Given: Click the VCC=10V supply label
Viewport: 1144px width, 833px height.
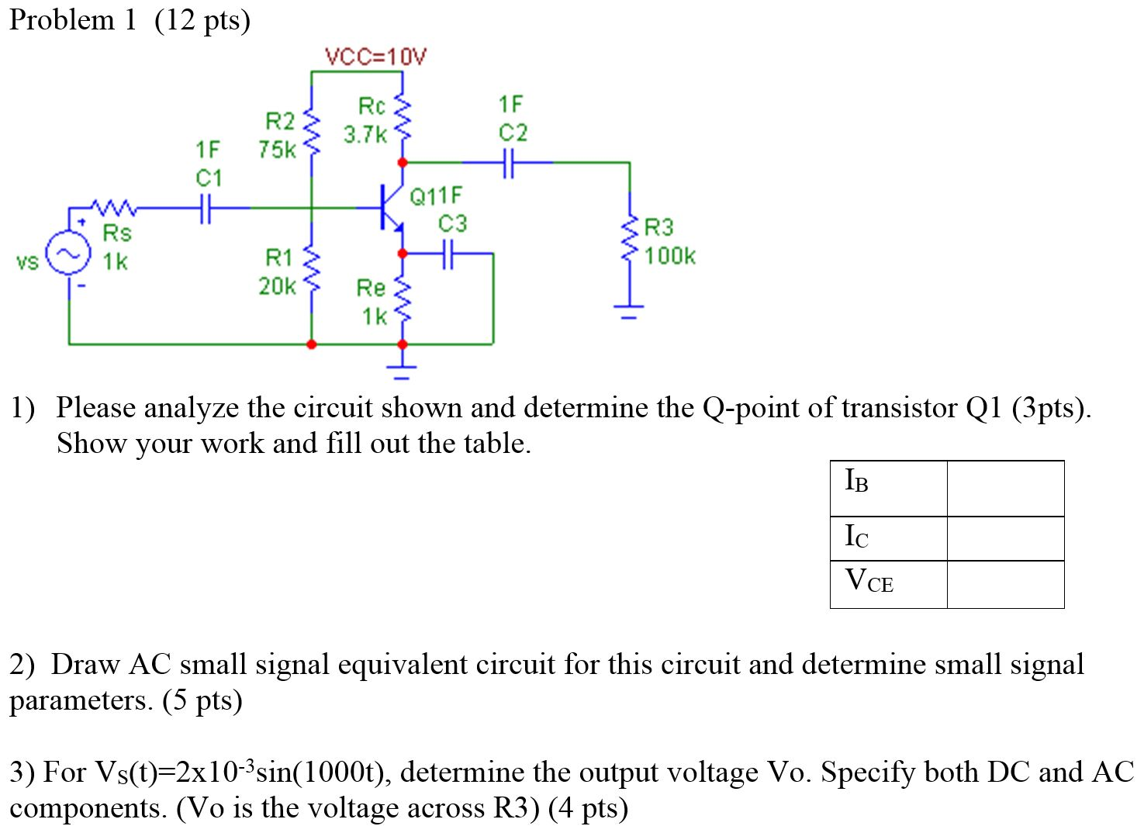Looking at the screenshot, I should [375, 57].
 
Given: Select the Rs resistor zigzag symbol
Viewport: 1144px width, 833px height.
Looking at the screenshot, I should [114, 208].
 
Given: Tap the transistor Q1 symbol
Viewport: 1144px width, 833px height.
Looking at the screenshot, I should [389, 208].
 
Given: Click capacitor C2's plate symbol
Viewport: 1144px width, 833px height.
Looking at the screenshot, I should [508, 163].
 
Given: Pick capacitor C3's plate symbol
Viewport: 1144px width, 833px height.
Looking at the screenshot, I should [448, 253].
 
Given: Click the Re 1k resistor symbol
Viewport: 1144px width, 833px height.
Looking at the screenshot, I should [402, 301].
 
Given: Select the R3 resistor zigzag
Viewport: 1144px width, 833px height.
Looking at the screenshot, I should [630, 240].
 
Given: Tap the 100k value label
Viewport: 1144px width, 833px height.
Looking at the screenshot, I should [670, 256].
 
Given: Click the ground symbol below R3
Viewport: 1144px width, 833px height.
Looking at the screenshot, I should [630, 313].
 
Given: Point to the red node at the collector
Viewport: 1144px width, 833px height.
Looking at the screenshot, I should [402, 163].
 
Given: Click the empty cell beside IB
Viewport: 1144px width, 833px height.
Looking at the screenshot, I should [1005, 488].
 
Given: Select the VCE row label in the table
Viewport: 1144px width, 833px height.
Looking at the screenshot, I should [869, 582].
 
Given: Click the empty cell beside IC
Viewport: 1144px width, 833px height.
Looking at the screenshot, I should [1005, 538].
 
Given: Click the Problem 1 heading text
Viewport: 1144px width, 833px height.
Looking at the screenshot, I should [73, 19].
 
